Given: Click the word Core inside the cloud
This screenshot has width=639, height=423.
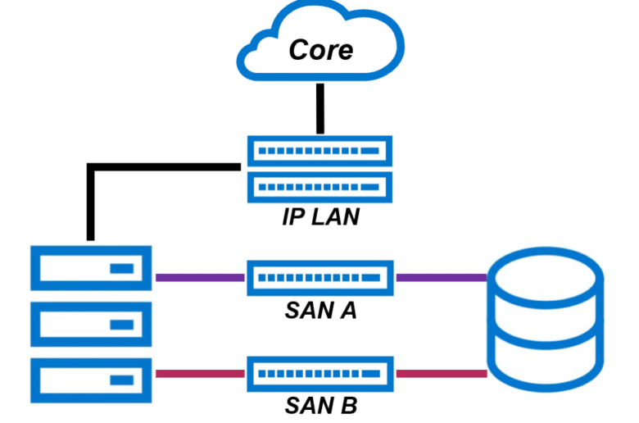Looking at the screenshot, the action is point(320,50).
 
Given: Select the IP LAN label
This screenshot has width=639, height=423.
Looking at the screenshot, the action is point(320,216).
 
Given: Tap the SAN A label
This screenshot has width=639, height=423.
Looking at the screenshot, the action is point(320,311).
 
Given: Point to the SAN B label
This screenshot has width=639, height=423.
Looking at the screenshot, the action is point(320,406).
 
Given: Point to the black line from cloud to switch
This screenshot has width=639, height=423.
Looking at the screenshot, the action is point(320,108).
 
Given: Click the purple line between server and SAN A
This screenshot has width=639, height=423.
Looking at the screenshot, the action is point(200,278).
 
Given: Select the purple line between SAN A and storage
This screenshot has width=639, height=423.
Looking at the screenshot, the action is point(442,278).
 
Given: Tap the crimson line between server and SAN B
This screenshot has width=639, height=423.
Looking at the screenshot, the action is point(200,374).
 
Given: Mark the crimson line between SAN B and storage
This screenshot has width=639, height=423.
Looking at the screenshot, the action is point(442,374).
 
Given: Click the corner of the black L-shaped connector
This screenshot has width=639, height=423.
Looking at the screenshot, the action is point(91,167).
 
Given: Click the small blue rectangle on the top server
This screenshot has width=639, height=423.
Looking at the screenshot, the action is point(122,268).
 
